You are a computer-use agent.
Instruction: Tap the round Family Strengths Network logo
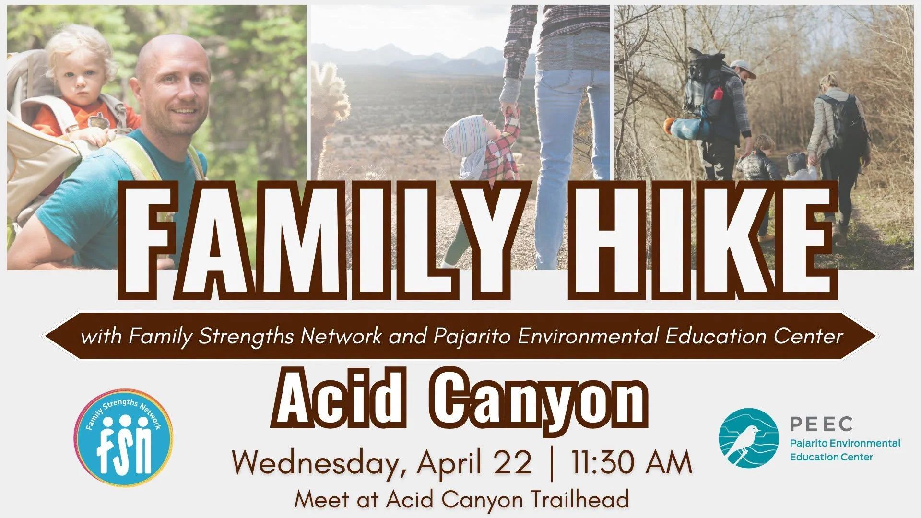[x=124, y=438]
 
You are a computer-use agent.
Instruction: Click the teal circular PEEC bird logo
[x=748, y=438]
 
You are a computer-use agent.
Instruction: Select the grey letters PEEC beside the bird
[x=821, y=424]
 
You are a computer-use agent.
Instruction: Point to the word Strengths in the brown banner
[x=246, y=336]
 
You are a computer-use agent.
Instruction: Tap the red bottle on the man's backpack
[x=718, y=94]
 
